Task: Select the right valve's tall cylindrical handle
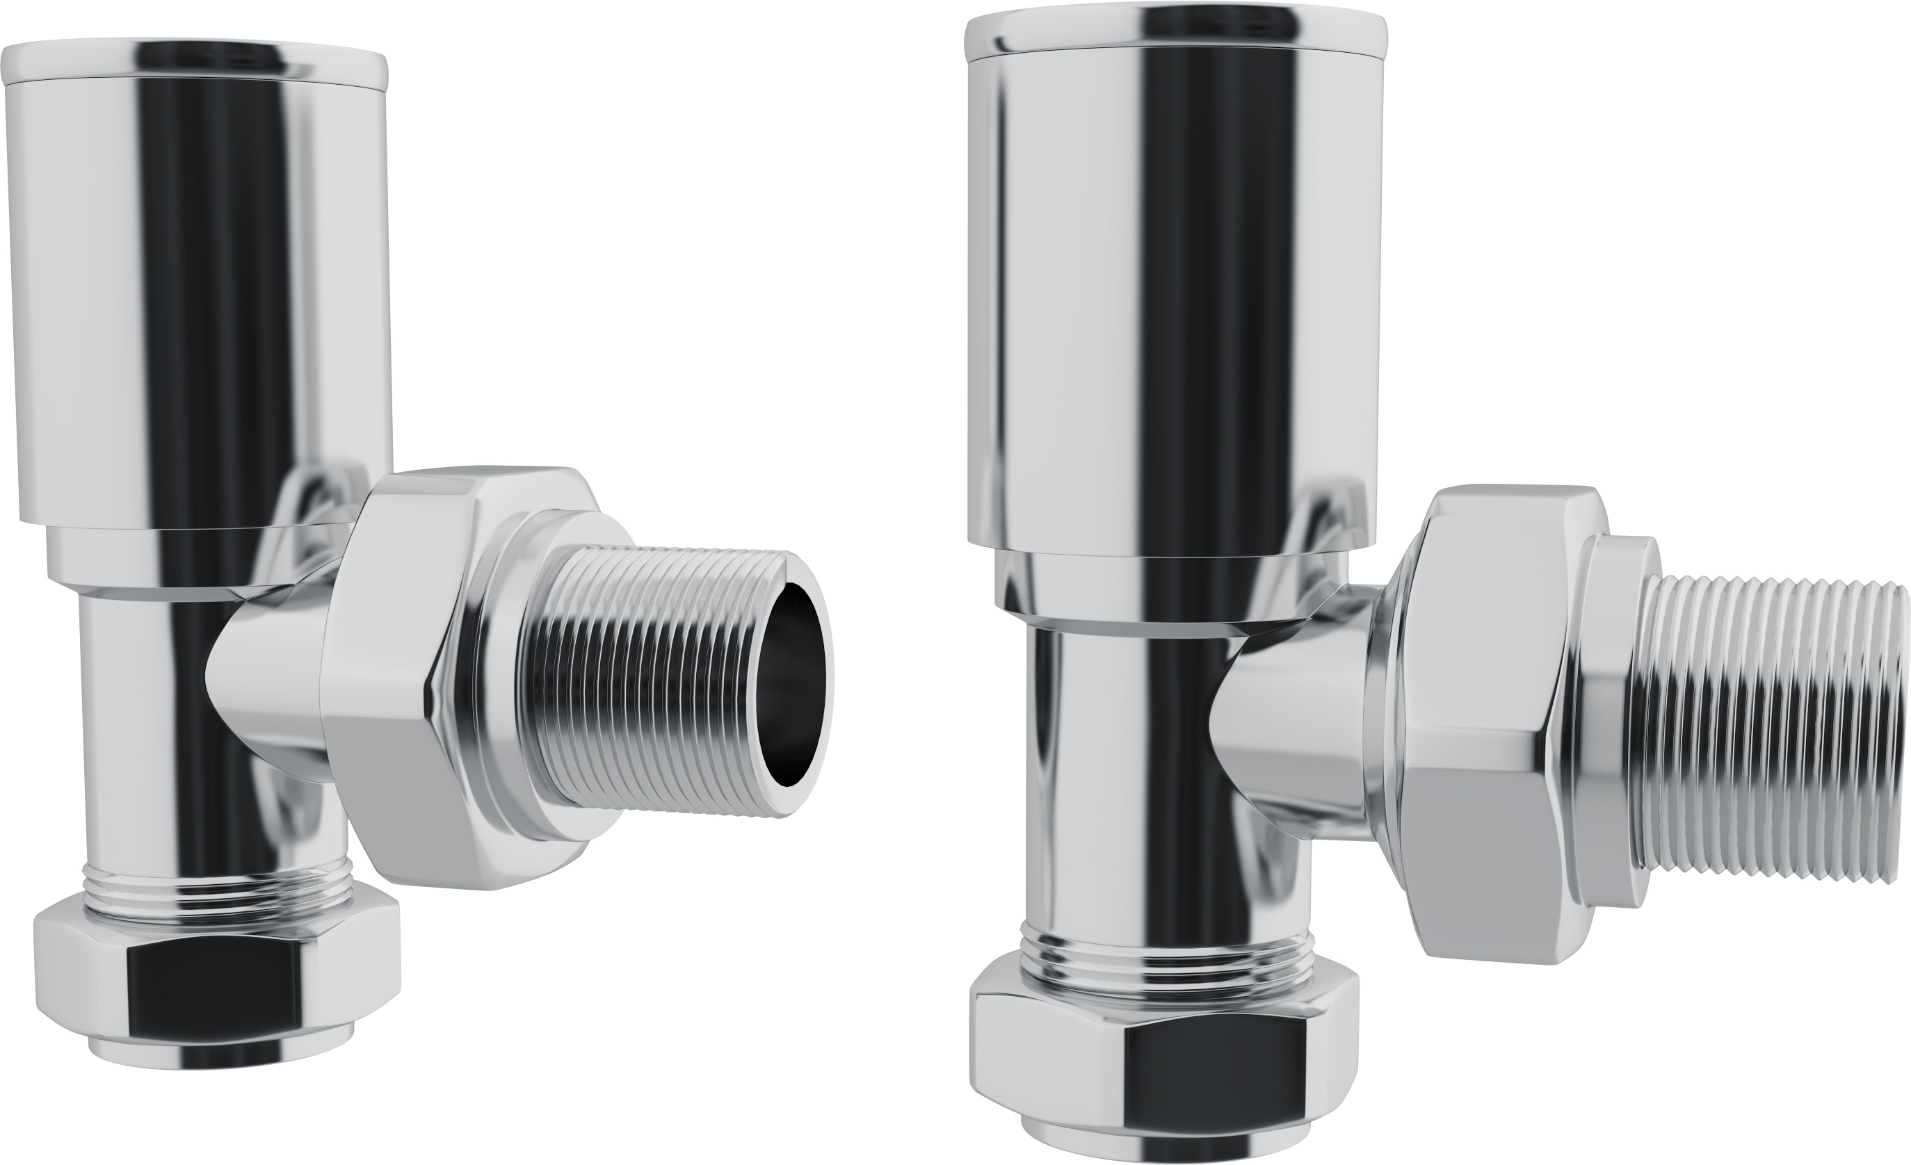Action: (1163, 295)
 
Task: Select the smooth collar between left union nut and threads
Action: (512, 682)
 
